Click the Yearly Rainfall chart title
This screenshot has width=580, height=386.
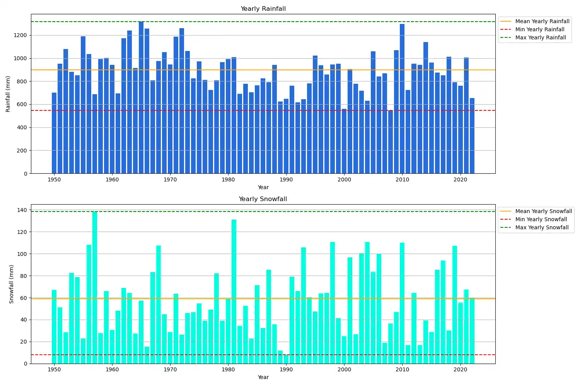pos(263,8)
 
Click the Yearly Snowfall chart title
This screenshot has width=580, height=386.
pos(263,199)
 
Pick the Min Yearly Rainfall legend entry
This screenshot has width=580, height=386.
pos(540,29)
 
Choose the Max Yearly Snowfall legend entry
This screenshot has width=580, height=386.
pos(542,227)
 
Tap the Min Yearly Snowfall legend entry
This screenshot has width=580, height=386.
pos(541,219)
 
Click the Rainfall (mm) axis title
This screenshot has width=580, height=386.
pos(8,94)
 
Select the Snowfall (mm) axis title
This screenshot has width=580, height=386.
pos(11,284)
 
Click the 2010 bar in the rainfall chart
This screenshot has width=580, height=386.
pos(402,98)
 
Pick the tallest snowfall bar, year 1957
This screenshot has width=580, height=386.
pos(95,288)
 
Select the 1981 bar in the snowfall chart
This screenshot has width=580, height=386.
pos(234,291)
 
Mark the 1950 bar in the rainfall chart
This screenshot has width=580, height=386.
pos(54,133)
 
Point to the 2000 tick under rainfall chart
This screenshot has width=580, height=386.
pos(344,179)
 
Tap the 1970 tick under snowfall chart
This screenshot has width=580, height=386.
pos(170,369)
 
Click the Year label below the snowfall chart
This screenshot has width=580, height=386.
pos(263,377)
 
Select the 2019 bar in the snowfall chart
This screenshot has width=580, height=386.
pos(455,305)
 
